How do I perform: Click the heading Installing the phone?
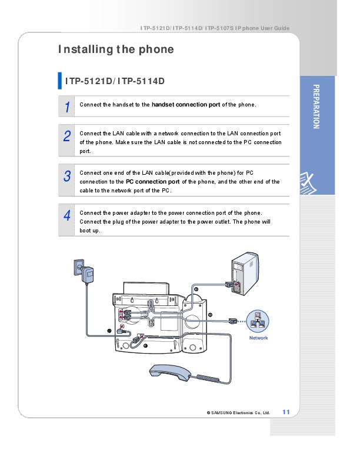[116, 49]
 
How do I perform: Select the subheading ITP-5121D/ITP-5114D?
[115, 81]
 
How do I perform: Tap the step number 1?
[68, 107]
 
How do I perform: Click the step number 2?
[67, 136]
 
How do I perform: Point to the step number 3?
[67, 176]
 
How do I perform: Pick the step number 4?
[67, 215]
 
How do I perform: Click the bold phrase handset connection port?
[186, 105]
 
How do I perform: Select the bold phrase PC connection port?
[153, 182]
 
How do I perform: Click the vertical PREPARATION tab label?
[316, 106]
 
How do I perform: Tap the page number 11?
[286, 412]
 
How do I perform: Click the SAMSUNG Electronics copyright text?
[238, 413]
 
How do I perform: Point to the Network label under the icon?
[258, 338]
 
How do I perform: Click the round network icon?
[258, 321]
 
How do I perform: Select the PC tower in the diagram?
[245, 274]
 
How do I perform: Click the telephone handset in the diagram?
[170, 372]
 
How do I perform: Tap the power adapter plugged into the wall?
[87, 275]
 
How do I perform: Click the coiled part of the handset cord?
[208, 378]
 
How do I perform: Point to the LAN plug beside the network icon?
[233, 321]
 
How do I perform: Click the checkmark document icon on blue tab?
[308, 184]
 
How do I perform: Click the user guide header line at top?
[215, 28]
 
